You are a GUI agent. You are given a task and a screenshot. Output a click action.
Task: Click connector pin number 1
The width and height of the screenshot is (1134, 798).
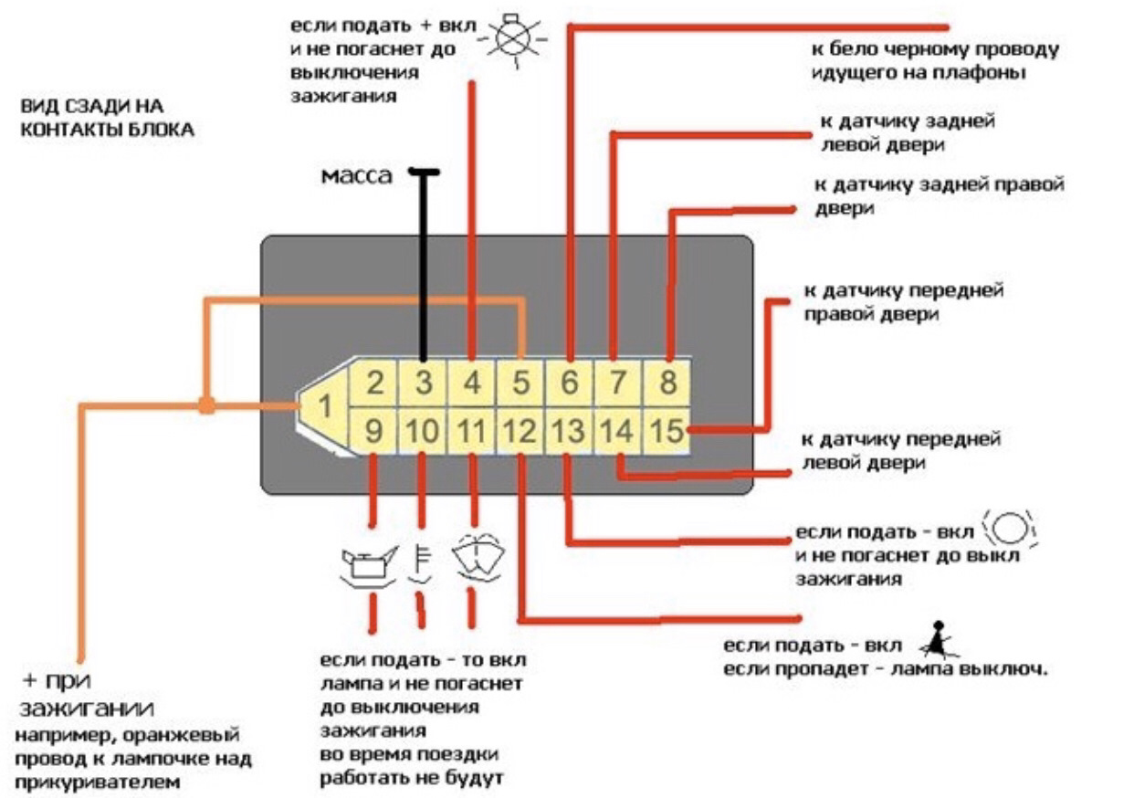pos(322,407)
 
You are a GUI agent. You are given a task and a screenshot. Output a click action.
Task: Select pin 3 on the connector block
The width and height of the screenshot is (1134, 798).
pos(423,383)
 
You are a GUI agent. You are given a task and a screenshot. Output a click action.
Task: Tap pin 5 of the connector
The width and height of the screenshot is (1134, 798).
pos(520,383)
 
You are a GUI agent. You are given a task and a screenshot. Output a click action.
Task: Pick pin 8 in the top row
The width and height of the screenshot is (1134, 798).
pos(668,383)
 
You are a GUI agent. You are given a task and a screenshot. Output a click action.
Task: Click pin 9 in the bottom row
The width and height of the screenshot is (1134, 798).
pos(373,431)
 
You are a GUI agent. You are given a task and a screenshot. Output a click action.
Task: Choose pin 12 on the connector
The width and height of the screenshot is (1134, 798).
pos(520,431)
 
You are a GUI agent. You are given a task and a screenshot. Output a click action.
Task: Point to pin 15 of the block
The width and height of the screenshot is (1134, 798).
pos(668,431)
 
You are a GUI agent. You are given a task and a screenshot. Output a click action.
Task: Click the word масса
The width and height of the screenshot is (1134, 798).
pos(356,174)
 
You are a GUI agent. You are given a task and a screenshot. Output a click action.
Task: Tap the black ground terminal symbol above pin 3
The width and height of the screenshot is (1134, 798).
pos(424,171)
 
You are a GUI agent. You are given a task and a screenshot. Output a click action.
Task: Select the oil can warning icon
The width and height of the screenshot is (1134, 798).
pos(367,566)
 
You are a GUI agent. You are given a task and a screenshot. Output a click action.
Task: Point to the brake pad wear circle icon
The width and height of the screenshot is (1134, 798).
pos(1010,530)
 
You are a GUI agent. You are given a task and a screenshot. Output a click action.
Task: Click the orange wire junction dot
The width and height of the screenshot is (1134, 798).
pos(207,404)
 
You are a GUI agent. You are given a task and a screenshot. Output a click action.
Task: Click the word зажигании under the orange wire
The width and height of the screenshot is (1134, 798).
pos(86,709)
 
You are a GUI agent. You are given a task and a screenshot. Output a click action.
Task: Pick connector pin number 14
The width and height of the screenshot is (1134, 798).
pos(618,431)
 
